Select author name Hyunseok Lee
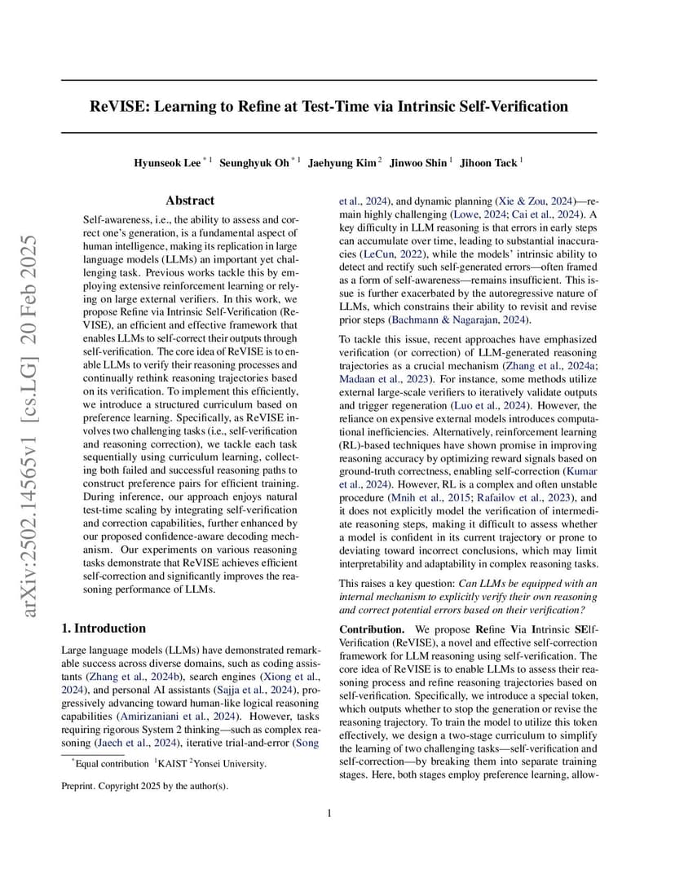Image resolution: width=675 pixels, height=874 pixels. click(167, 163)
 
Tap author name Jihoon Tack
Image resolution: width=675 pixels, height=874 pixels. click(488, 163)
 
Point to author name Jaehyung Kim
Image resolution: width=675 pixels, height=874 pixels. click(342, 163)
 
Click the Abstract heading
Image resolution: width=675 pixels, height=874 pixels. click(190, 201)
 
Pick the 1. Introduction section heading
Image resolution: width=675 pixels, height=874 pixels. click(104, 629)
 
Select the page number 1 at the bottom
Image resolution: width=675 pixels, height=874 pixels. click(329, 813)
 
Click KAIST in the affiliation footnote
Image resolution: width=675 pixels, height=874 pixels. click(173, 764)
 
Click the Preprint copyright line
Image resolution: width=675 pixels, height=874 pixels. click(145, 787)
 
